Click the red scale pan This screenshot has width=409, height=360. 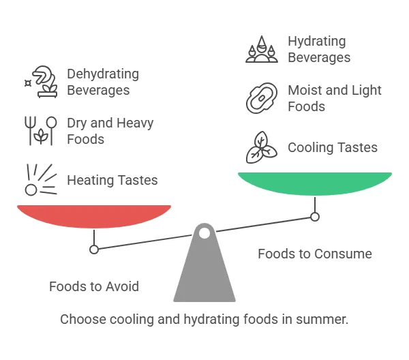coord(94,216)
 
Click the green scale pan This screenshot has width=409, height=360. coord(315,183)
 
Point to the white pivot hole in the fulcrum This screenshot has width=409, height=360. coord(204,233)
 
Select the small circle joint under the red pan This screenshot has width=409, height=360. coord(94,250)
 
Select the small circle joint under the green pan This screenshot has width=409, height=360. coord(315,217)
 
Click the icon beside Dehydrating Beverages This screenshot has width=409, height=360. coord(41,82)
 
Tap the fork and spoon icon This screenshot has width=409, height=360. coord(41,130)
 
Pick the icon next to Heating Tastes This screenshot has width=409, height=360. coord(41,180)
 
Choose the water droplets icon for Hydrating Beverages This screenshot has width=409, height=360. coord(262,49)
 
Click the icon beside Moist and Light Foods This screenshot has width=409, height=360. coord(262,98)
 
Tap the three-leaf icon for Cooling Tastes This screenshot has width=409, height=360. coord(262,147)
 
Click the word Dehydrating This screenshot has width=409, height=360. coord(103,74)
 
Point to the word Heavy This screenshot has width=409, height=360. coord(135,123)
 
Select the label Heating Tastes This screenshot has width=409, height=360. coord(112,180)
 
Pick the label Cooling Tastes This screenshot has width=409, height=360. coord(333,147)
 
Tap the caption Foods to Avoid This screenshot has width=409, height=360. coord(94,286)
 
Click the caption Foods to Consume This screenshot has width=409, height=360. coord(315,254)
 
